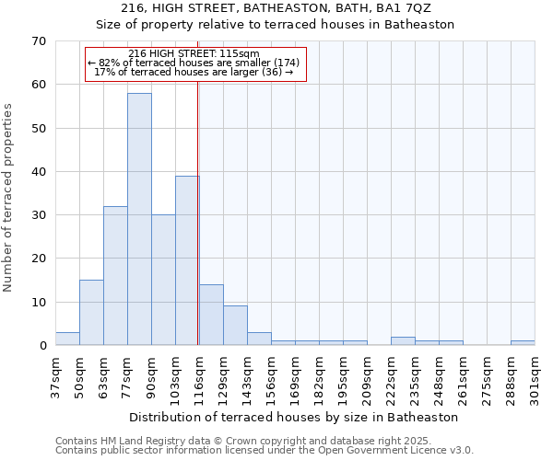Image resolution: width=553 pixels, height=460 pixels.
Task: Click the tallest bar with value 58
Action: [139, 219]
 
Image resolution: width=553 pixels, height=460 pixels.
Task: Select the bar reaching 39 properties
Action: [187, 260]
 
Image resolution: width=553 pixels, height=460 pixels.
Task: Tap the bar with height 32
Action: [115, 276]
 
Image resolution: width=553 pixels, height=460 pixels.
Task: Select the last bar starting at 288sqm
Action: [523, 343]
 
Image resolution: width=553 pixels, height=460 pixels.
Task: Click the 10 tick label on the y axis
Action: [39, 303]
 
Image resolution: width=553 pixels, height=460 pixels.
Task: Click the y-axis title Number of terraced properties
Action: [9, 197]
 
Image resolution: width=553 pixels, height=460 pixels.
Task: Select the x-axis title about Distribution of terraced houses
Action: [294, 417]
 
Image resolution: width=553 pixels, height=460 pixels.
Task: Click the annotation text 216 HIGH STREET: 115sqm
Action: [194, 54]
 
